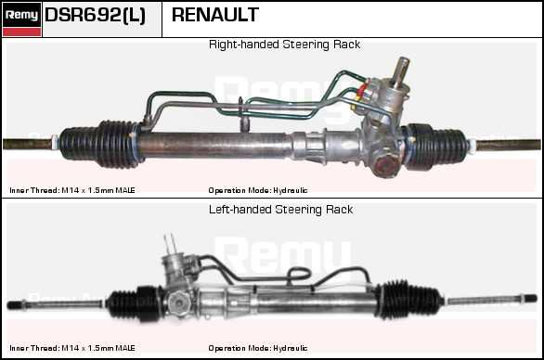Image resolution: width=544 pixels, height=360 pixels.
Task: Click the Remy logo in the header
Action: click(x=21, y=19)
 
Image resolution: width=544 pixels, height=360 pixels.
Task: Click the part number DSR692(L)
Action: click(x=95, y=15)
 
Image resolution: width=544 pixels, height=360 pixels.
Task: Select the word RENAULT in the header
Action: click(x=215, y=15)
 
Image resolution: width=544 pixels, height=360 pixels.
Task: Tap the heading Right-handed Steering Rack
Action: click(x=284, y=45)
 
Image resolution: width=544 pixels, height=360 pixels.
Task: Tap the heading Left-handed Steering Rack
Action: click(x=280, y=210)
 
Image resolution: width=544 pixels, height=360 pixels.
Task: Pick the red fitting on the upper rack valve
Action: click(x=362, y=90)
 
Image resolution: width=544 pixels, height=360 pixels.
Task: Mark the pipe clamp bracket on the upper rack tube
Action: click(x=244, y=116)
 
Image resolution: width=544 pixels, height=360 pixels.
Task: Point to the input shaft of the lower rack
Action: click(x=170, y=244)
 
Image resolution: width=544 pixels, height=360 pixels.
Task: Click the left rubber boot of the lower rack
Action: click(x=134, y=302)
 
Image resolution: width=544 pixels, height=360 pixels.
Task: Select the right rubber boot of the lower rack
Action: click(x=408, y=300)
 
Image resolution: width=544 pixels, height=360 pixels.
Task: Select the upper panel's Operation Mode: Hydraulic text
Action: click(x=258, y=190)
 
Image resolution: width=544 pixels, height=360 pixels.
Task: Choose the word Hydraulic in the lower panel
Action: click(x=290, y=348)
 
